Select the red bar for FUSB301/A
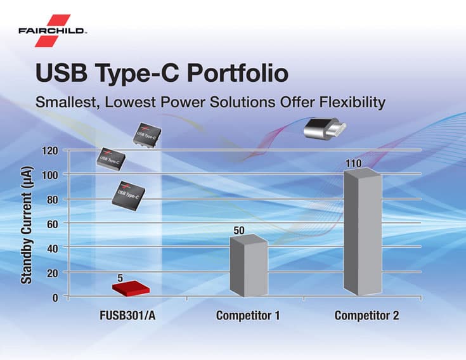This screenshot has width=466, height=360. point(131,288)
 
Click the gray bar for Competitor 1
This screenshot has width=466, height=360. point(248,266)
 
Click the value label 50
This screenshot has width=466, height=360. point(240,230)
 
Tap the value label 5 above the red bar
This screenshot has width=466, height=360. point(120,278)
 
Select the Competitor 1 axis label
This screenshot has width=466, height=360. point(248,316)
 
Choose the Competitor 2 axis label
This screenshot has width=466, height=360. point(366,316)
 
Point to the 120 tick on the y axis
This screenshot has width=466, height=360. point(50,151)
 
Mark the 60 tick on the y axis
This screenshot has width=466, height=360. point(53,224)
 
